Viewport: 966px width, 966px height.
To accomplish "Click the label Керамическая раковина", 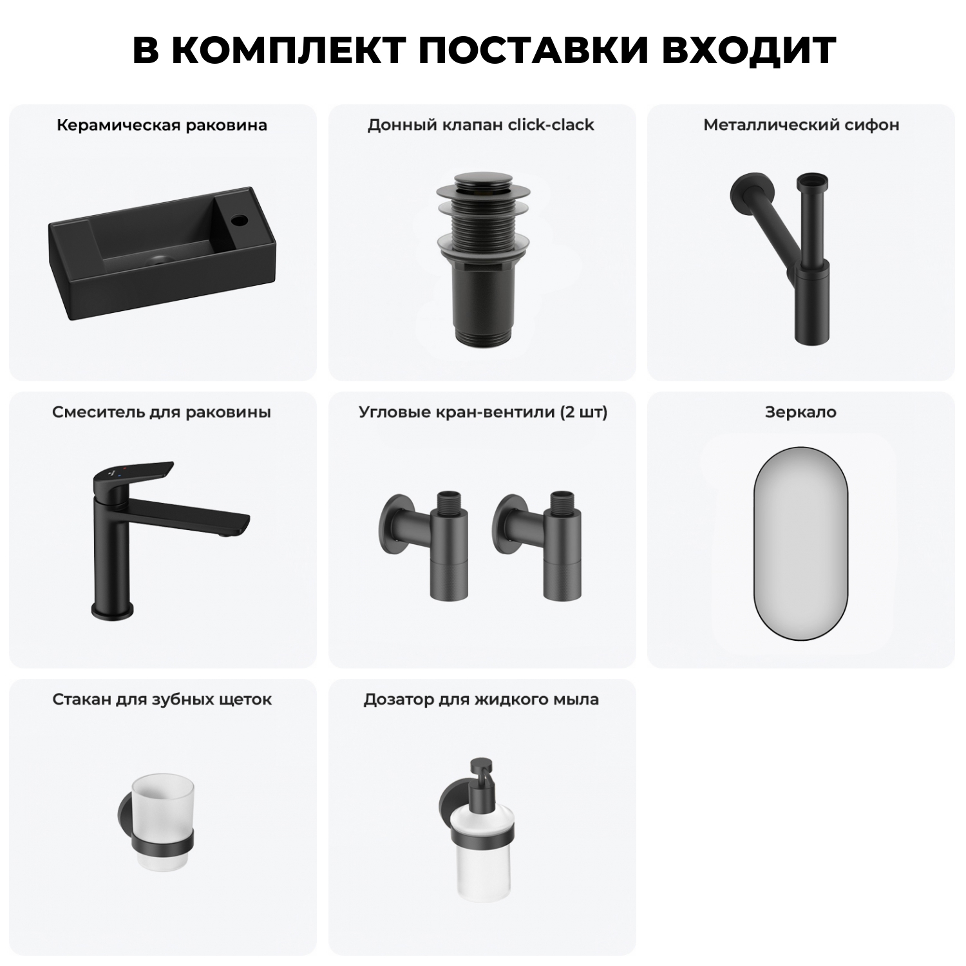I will pyautogui.click(x=162, y=125).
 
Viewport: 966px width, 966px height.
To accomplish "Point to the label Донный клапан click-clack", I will pyautogui.click(x=480, y=125).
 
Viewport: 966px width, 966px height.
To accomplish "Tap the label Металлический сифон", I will pyautogui.click(x=801, y=125).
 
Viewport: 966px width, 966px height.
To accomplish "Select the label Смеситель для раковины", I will pyautogui.click(x=162, y=412).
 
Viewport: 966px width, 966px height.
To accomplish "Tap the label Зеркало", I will pyautogui.click(x=800, y=412).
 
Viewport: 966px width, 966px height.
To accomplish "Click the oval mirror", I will pyautogui.click(x=800, y=543).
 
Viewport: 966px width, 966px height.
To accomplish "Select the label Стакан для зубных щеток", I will pyautogui.click(x=162, y=699).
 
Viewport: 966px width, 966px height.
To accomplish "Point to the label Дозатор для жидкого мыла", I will pyautogui.click(x=481, y=699).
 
